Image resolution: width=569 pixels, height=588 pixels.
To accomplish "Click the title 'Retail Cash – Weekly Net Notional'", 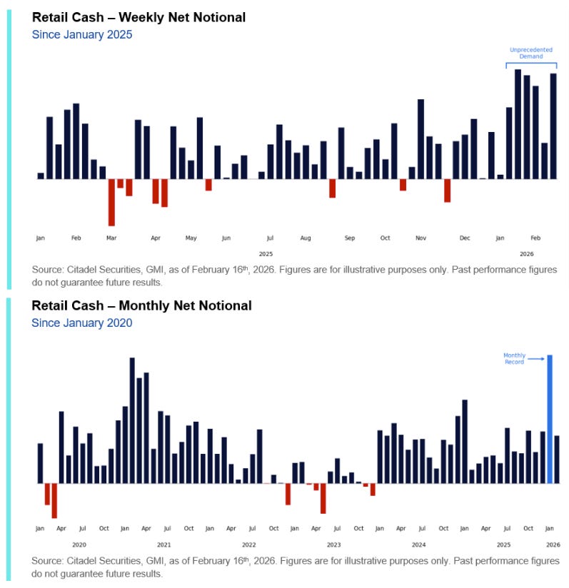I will [x=139, y=17].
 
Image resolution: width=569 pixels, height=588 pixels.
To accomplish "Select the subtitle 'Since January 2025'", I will [x=82, y=34].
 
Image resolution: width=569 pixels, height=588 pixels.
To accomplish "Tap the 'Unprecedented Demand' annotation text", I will [x=531, y=54].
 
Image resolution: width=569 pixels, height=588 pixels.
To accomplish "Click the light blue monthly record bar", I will [x=550, y=419].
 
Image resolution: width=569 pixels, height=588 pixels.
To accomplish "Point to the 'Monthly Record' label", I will [x=514, y=358].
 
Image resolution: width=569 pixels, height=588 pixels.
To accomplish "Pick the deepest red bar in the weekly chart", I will [x=111, y=202].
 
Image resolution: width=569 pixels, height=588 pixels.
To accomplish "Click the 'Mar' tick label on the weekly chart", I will [x=111, y=238].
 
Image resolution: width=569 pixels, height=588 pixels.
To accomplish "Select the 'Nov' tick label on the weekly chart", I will [x=421, y=238].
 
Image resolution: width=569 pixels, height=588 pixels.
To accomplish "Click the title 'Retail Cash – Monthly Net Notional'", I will [x=141, y=305].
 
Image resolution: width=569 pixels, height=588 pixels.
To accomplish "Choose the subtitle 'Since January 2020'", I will [x=82, y=323].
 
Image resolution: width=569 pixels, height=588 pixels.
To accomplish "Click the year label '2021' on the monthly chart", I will [x=163, y=544].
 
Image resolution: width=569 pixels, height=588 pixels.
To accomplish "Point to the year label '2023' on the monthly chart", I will [x=333, y=544].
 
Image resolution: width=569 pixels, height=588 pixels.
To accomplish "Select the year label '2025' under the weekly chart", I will [x=266, y=254].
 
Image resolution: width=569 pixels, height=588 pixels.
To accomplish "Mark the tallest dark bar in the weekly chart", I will [x=518, y=123].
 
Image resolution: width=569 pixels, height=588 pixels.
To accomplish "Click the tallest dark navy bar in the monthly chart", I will [x=132, y=420].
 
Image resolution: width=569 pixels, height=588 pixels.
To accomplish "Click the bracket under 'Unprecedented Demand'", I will [x=531, y=65].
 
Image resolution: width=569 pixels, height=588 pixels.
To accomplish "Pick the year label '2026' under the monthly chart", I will [x=553, y=544].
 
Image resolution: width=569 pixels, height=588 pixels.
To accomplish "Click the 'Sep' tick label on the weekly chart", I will [x=350, y=238].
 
